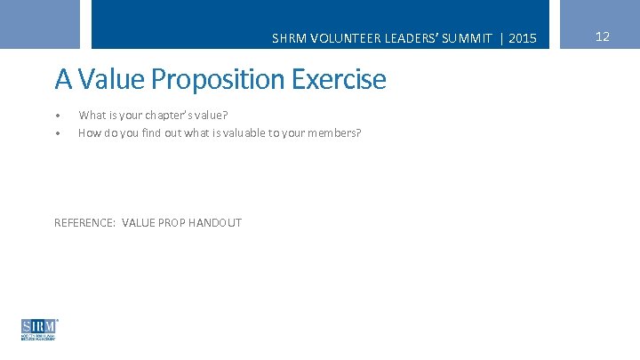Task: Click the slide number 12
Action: [x=602, y=36]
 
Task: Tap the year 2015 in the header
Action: [x=523, y=38]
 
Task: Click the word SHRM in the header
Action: [x=286, y=38]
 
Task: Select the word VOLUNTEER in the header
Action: [x=333, y=38]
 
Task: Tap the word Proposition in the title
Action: [x=213, y=81]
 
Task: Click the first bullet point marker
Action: [x=58, y=116]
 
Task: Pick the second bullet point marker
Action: [x=58, y=134]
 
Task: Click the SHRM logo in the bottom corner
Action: [x=39, y=329]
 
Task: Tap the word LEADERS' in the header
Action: [x=399, y=38]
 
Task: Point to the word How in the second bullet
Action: [x=88, y=133]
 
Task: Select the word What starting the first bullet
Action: [x=92, y=116]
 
